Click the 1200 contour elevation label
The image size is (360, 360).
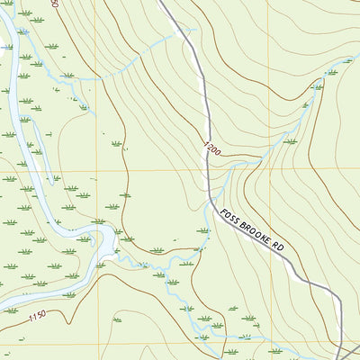tap(211, 148)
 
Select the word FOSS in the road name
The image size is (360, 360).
tap(230, 219)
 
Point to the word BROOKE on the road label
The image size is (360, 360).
tap(256, 237)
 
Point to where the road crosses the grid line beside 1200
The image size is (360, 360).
tap(210, 167)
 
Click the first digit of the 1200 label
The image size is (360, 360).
tap(205, 144)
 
